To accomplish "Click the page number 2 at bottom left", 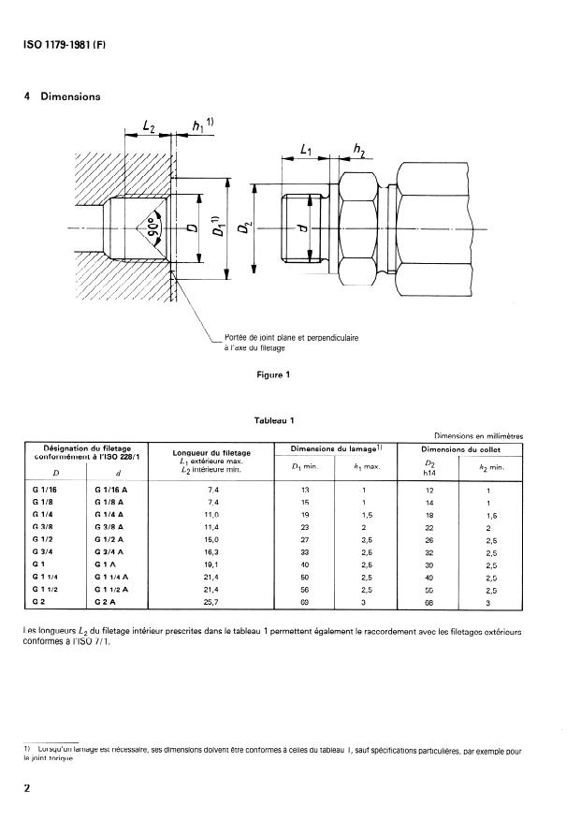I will [28, 787].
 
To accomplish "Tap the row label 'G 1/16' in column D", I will [44, 491].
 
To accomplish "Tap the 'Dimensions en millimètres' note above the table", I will [478, 435].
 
